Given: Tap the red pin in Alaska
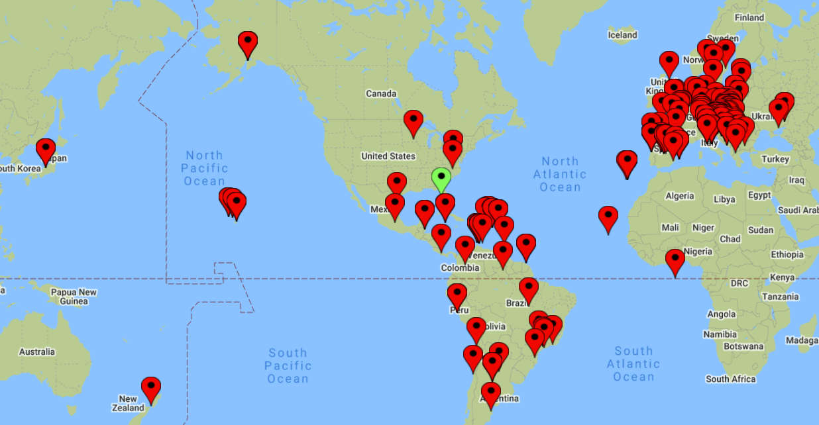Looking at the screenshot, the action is [248, 43].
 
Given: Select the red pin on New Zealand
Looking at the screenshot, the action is [151, 389].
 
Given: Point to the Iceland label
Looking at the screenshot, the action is [622, 35].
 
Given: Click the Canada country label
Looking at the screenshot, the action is [381, 93].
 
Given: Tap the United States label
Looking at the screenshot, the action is [388, 156].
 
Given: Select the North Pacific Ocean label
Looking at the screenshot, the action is [205, 168].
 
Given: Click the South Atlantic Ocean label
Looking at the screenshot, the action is [633, 363].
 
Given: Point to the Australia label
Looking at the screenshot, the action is [37, 352].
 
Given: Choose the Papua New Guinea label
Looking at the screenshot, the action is [74, 297].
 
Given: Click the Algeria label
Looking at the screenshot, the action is [679, 196].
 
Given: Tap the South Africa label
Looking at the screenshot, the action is [731, 379].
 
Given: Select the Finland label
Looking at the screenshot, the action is [749, 18].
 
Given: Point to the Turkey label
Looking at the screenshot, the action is [775, 159].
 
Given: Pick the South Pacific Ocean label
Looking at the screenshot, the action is [288, 365].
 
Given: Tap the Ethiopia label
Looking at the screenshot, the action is [787, 254].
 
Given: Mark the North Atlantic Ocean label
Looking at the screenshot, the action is [560, 174].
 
